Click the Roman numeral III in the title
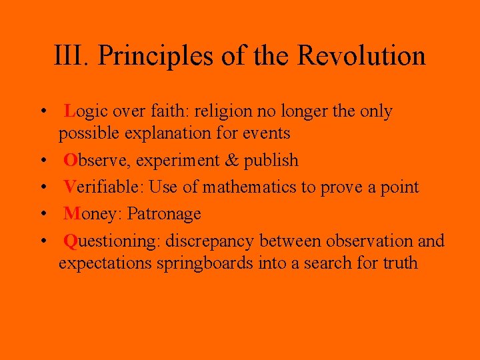click(x=68, y=55)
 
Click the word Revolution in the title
click(x=361, y=55)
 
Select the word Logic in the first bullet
click(x=86, y=111)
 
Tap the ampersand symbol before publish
click(x=231, y=160)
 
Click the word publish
click(x=271, y=161)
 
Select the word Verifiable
click(x=103, y=187)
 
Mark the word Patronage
click(x=164, y=215)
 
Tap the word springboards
click(x=205, y=263)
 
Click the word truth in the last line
click(x=400, y=263)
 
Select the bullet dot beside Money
click(x=43, y=215)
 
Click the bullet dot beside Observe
click(x=43, y=161)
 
